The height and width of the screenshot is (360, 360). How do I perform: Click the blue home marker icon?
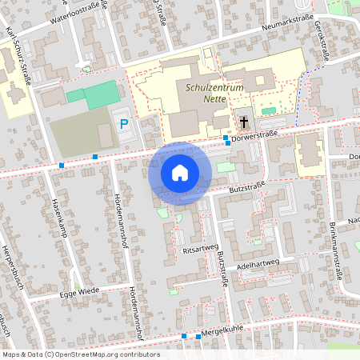pos(180,173)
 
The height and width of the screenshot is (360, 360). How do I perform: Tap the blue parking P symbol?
pos(123,123)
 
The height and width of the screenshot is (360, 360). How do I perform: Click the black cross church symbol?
pos(243,122)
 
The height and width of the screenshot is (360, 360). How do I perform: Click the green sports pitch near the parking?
pos(94,95)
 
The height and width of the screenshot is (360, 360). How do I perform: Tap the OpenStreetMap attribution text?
pos(81,354)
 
